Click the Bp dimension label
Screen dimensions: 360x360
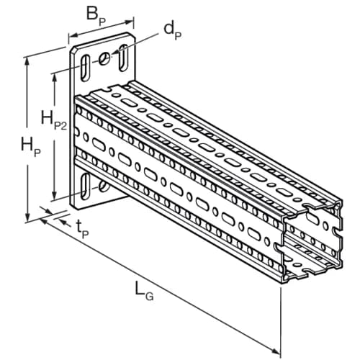pyautogui.click(x=96, y=16)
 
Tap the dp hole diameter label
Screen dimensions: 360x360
pyautogui.click(x=173, y=31)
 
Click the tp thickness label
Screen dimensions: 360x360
pyautogui.click(x=82, y=230)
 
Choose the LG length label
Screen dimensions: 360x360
pyautogui.click(x=144, y=291)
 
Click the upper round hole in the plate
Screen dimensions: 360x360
pyautogui.click(x=104, y=58)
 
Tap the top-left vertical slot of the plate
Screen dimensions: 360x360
pyautogui.click(x=85, y=68)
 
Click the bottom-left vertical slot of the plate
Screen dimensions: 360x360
pyautogui.click(x=85, y=186)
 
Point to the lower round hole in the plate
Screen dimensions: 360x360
pyautogui.click(x=104, y=186)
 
